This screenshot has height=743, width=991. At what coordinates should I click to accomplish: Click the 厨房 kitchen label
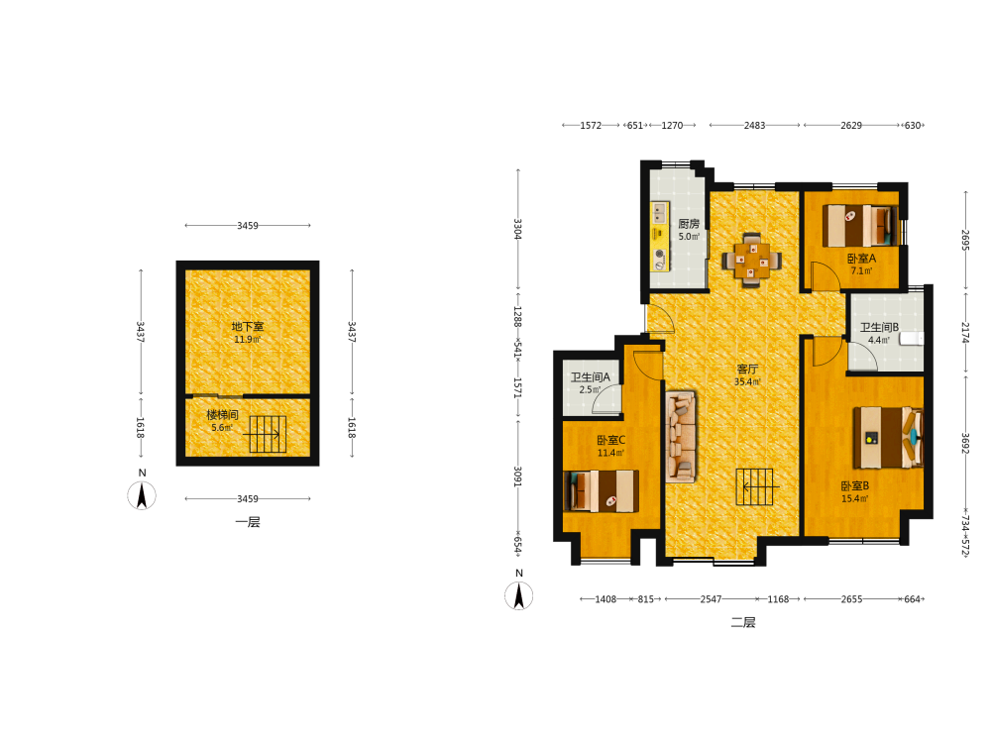pos(689,224)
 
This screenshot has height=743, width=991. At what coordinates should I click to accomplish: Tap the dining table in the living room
pos(752,260)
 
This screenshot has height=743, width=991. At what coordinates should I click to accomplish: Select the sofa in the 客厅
pos(682,437)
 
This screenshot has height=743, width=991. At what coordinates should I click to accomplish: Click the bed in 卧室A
pos(859,226)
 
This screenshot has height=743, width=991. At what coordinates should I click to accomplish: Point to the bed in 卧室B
pos(888,437)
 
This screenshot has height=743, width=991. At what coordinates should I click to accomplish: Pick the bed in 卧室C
pos(602,491)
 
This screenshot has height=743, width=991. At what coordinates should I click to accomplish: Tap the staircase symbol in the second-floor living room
pos(754,486)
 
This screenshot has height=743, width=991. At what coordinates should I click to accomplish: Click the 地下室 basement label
pos(248,326)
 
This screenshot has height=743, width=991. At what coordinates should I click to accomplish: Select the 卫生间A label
pos(591,377)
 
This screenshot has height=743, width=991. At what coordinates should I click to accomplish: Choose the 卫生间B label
pos(879,327)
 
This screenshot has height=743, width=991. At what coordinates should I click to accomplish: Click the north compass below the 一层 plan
pos(142,495)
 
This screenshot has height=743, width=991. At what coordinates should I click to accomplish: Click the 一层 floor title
pos(248,522)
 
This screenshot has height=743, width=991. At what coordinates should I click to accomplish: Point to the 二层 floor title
pos(743,622)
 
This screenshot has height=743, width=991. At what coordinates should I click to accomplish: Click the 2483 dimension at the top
pos(754,125)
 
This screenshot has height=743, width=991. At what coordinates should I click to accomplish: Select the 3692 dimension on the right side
pos(965,443)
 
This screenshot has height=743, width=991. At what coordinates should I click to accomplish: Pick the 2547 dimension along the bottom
pos(711,599)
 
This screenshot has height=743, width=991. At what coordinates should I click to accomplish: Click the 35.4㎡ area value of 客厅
pos(747,381)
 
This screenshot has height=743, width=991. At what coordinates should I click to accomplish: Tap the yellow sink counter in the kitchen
pos(660,237)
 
